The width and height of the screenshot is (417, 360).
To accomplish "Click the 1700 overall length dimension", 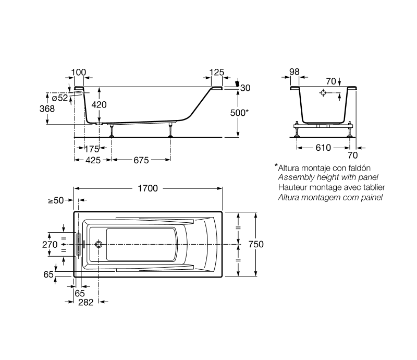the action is tap(148, 188).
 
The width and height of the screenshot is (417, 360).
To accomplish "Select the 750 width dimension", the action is tap(256, 244).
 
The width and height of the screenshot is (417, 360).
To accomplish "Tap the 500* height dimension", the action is tap(239, 113).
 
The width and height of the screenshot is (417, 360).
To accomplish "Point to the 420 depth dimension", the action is tap(99, 105).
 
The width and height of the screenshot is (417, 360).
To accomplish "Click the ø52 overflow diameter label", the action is tap(60, 98).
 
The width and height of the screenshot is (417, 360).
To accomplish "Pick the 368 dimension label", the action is tap(47, 109).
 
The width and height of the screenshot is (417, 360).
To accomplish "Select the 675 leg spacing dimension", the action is tap(141, 160).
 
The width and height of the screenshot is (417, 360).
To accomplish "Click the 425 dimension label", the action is tap(93, 160).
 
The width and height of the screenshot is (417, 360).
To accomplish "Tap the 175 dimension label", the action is tap(92, 149).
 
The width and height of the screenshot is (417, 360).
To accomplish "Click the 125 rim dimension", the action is tap(217, 72).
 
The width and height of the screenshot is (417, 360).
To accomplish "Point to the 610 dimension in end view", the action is tap(323, 148).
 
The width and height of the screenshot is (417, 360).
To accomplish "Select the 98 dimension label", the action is tap(295, 71).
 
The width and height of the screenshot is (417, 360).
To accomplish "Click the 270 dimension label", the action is tap(50, 245).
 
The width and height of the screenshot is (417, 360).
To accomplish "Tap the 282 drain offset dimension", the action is tap(85, 302).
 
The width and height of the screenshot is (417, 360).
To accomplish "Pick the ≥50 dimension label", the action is tap(56, 200).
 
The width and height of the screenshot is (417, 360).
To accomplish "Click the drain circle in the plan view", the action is tap(99, 244).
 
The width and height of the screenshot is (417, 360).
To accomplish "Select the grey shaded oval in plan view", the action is tap(78, 244).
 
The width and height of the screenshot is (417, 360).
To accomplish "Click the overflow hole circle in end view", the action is tap(323, 93).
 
